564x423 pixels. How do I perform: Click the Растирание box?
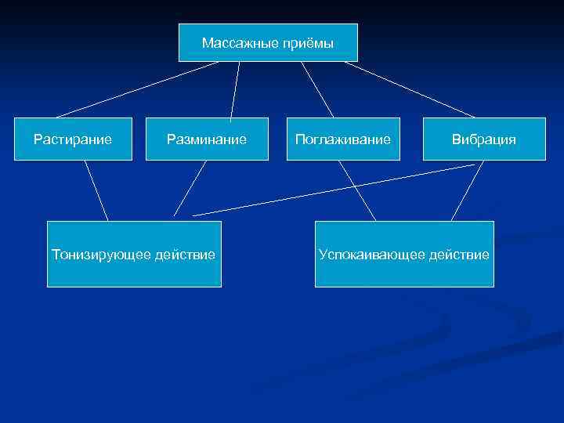[x=73, y=139]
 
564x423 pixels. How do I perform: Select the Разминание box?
[x=206, y=139]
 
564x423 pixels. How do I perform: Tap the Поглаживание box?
[x=343, y=139]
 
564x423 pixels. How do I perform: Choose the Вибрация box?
[x=484, y=139]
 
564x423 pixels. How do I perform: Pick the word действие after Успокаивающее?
[x=458, y=255]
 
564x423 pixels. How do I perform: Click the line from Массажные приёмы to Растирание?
[x=137, y=89]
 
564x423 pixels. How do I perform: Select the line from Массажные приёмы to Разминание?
[x=235, y=89]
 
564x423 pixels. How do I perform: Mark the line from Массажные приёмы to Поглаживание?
[x=317, y=89]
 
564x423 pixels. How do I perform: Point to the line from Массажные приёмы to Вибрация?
[x=410, y=89]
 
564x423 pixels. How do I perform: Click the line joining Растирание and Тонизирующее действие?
[x=96, y=190]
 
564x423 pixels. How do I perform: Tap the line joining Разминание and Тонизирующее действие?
[x=190, y=188]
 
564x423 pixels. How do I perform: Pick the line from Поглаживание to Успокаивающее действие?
[x=357, y=190]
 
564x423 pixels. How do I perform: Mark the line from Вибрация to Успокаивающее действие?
[x=467, y=190]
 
